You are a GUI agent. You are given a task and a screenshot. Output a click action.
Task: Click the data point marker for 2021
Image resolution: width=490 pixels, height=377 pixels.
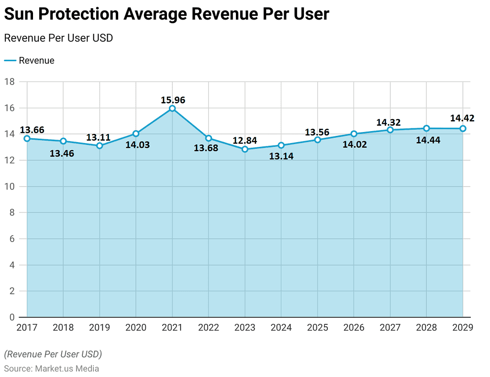click(172, 109)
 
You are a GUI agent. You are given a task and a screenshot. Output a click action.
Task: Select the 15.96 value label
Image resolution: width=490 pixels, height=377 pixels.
click(172, 100)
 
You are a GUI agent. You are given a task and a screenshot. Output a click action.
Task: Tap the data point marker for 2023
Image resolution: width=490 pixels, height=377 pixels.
click(245, 149)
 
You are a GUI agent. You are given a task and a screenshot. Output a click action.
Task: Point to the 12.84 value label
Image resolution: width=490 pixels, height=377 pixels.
click(245, 141)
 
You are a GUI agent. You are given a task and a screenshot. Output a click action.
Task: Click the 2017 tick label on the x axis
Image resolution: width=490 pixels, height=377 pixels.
click(27, 328)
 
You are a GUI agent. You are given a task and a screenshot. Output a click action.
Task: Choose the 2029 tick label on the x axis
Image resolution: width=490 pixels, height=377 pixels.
click(463, 328)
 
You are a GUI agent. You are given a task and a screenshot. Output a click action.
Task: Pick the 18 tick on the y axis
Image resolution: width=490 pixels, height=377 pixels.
click(10, 82)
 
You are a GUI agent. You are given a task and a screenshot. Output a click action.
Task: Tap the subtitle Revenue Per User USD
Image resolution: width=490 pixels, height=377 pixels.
click(58, 38)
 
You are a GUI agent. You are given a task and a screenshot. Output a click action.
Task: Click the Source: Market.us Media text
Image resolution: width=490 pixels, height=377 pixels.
click(52, 368)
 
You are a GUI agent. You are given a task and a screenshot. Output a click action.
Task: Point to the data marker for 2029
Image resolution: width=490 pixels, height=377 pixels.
click(463, 128)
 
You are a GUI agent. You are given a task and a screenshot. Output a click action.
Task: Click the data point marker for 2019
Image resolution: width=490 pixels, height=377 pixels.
click(100, 145)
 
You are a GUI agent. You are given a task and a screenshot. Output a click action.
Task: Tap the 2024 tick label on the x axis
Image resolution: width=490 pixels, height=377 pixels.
click(281, 328)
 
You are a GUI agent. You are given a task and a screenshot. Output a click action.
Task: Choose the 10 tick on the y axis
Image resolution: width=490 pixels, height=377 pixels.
click(10, 187)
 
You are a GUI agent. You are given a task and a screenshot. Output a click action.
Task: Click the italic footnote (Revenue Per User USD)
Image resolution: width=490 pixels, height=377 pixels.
click(53, 355)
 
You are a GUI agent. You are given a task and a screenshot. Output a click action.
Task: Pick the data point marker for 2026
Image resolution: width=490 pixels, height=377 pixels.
click(354, 134)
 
